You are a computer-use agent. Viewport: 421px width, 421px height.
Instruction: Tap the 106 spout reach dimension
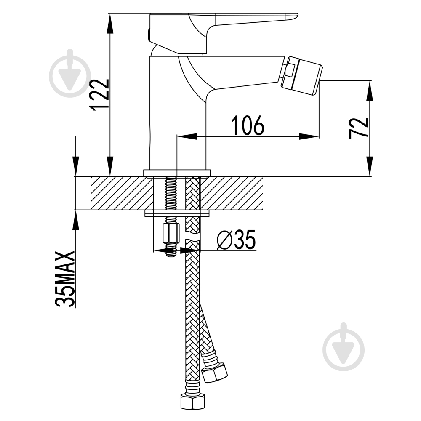tap(248, 125)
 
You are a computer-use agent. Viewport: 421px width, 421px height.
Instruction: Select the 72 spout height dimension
tap(359, 128)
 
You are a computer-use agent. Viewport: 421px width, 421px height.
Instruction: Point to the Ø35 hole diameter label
tap(236, 240)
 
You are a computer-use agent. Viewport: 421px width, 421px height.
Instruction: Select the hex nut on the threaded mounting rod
tap(171, 233)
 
